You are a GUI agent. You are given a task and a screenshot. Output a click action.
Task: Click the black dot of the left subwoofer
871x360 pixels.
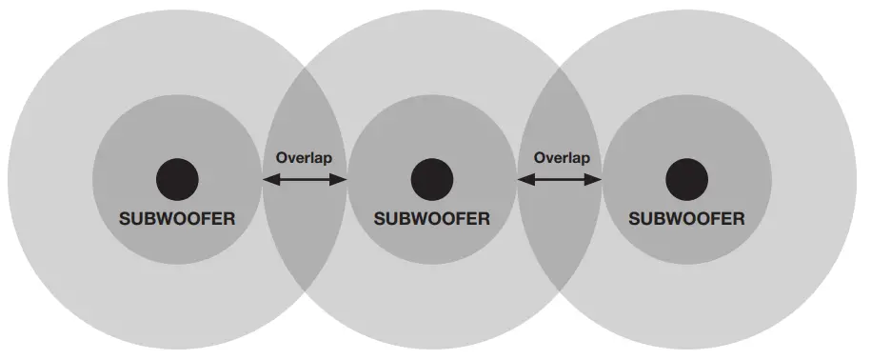pos(177,179)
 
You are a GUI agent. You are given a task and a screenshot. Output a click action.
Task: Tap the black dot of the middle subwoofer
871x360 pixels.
pos(431,179)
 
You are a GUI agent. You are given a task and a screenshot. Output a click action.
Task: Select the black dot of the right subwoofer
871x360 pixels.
pos(687,179)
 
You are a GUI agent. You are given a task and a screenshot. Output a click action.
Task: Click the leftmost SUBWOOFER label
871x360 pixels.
pos(177,218)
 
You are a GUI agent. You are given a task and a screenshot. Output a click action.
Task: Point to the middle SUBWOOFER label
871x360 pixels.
pos(431,218)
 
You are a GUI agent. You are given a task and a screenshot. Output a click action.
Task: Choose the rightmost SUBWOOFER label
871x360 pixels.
pos(686,218)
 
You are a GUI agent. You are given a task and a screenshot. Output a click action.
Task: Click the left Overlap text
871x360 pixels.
pos(304,157)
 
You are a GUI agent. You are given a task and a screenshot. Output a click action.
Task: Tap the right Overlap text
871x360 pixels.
pos(561,157)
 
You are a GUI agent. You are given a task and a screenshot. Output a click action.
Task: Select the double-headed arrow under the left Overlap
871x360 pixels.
pos(305,179)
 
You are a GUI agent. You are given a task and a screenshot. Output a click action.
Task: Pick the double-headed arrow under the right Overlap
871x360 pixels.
pos(560,179)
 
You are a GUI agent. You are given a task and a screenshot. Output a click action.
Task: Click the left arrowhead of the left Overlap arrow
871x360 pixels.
pos(269,179)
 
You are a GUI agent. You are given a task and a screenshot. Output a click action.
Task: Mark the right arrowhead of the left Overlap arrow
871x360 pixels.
pos(340,179)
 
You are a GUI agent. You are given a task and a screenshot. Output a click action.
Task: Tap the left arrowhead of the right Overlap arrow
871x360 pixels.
pos(525,179)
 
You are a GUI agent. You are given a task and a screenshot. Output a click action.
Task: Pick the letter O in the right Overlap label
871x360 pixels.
pos(540,157)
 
